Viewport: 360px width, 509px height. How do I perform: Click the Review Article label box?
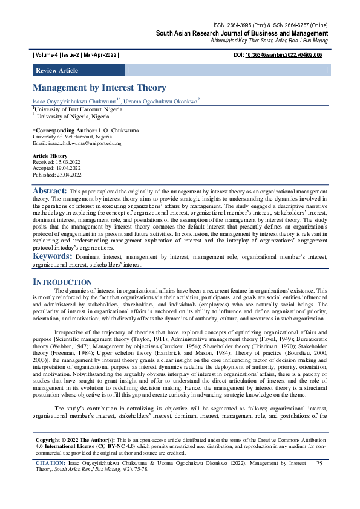(57, 71)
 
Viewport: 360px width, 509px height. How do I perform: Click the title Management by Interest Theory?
(99, 88)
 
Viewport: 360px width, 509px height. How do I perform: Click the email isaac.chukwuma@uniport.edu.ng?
(76, 143)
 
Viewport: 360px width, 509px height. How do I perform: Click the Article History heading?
(50, 156)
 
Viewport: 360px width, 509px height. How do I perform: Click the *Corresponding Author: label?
(64, 131)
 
